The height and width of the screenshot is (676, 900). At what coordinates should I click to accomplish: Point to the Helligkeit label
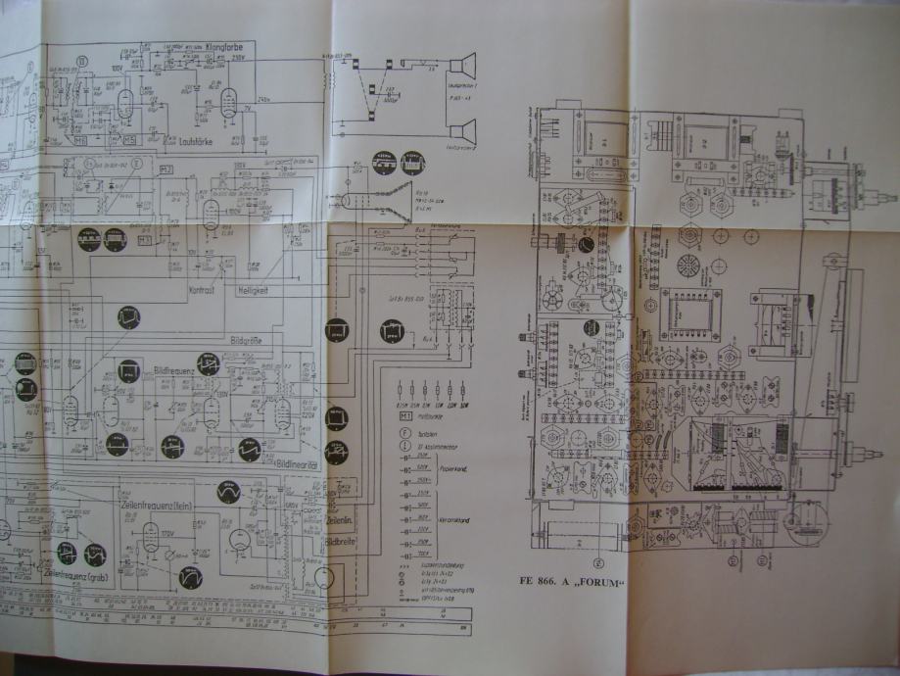[255, 292]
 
